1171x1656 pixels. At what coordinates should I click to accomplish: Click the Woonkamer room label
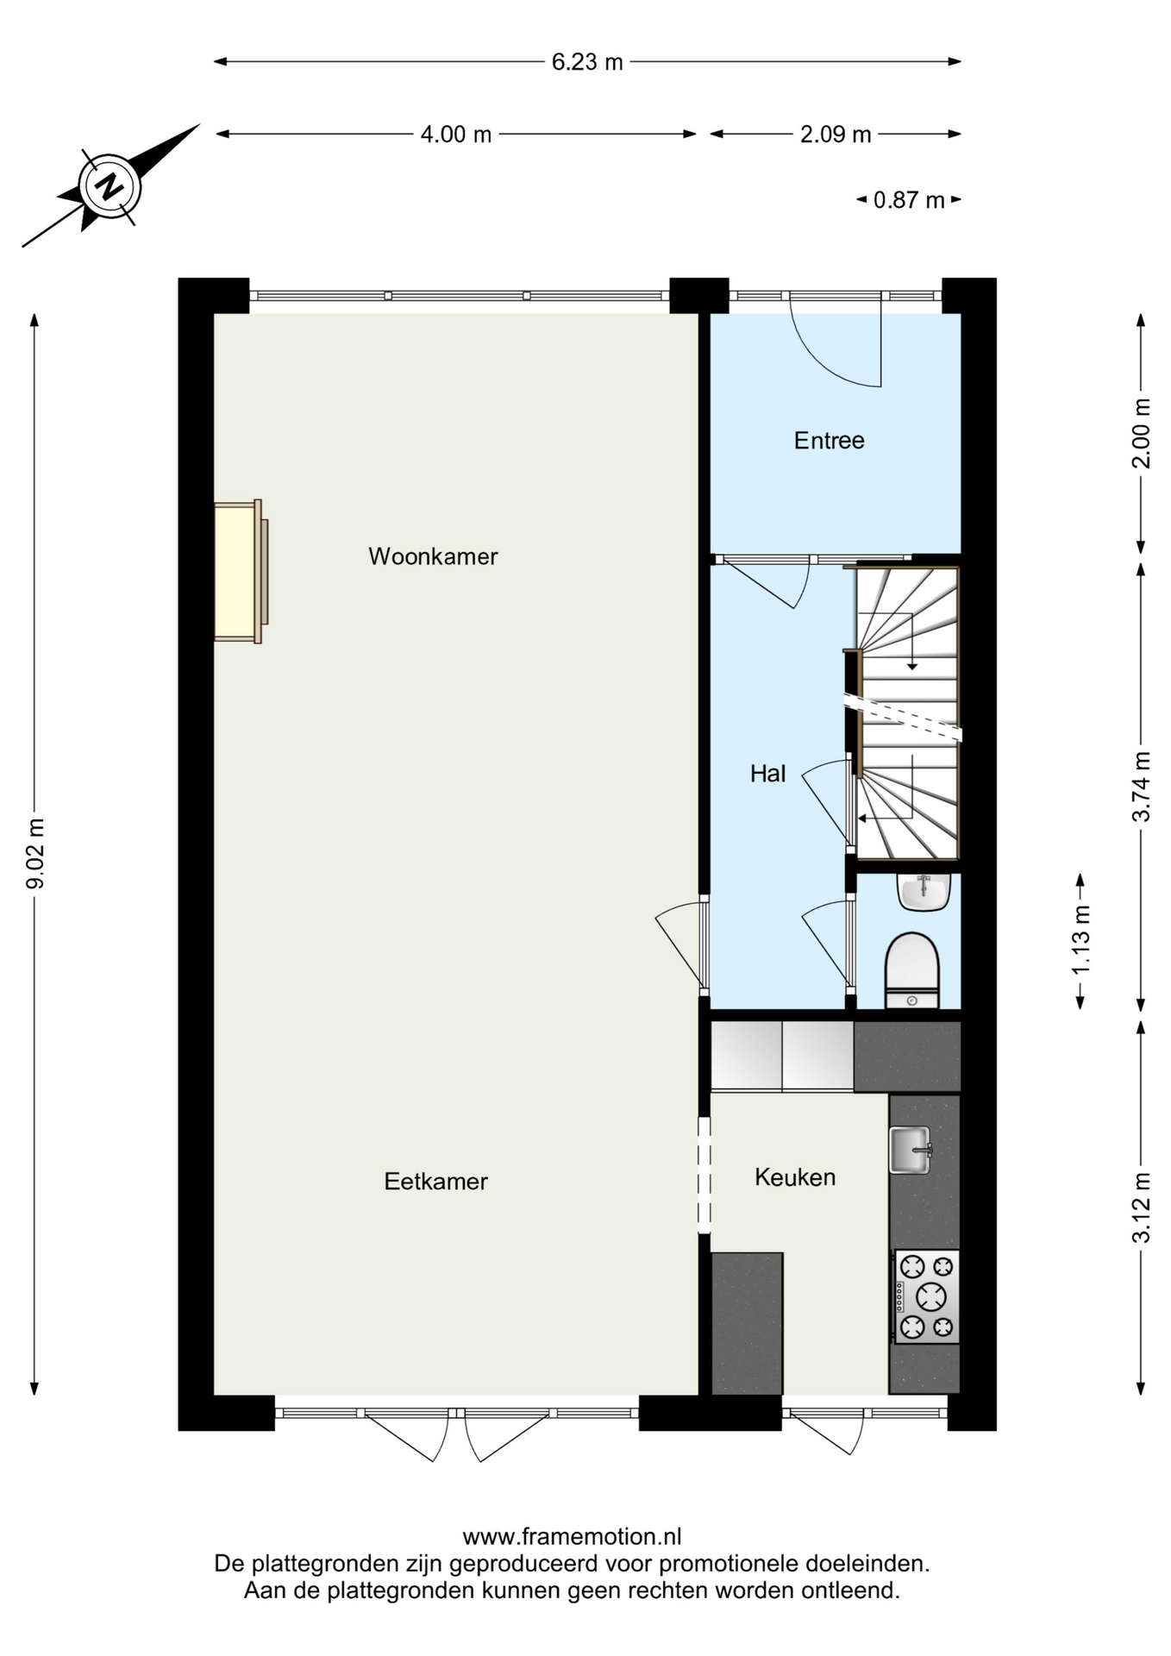pos(433,556)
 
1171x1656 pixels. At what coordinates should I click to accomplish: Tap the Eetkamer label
pos(435,1182)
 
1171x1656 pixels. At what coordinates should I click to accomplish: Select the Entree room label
pos(829,441)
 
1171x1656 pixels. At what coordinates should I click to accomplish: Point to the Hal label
pos(767,774)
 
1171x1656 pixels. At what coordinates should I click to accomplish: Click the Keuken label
pos(795,1177)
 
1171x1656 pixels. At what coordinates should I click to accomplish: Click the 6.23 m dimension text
pos(587,62)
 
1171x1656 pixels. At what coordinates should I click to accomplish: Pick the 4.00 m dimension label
pos(456,135)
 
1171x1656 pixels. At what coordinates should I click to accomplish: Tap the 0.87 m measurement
pos(909,200)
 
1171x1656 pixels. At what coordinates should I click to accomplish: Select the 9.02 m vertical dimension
pos(35,853)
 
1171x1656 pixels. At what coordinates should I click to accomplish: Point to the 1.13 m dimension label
pos(1080,940)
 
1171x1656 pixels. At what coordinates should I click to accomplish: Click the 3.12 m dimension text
pos(1141,1207)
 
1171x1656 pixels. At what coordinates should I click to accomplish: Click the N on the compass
pos(110,186)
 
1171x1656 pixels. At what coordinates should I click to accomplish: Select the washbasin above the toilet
pos(924,892)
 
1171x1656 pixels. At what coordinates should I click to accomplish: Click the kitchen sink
pos(910,1150)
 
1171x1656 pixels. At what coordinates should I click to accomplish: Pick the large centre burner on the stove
pos(931,1295)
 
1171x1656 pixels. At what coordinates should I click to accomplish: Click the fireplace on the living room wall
pos(241,572)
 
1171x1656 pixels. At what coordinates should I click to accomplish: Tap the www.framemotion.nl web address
pos(572,1537)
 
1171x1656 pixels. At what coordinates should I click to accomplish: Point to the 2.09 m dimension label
pos(836,135)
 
